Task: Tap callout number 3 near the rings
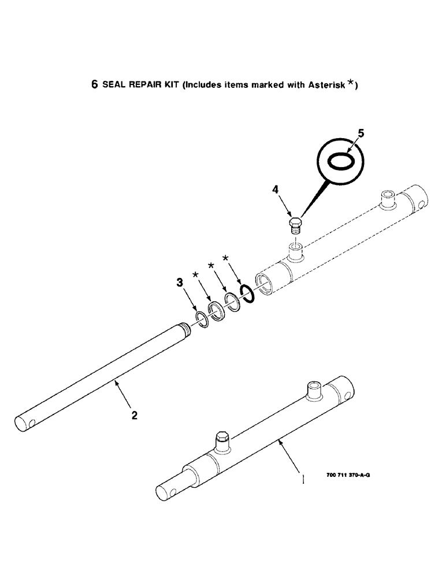181,283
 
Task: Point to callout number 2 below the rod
134,415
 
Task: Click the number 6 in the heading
94,84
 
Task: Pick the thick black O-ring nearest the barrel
247,294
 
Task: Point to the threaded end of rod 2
187,332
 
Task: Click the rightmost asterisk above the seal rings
225,258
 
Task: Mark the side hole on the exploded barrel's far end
425,203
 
